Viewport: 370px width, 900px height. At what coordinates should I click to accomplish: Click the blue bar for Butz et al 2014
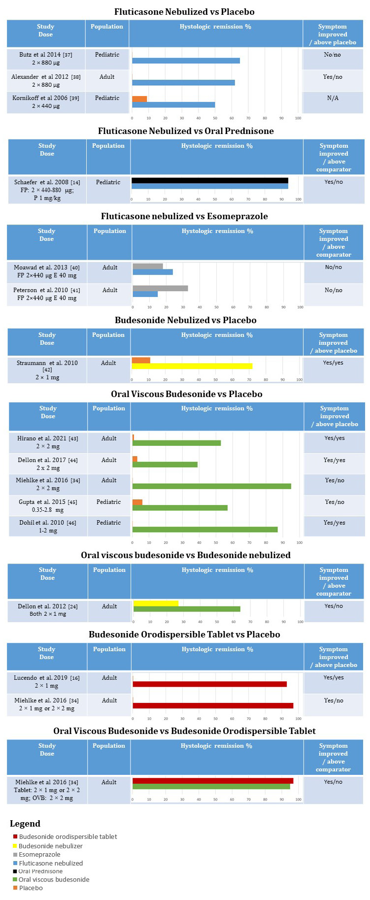tap(186, 61)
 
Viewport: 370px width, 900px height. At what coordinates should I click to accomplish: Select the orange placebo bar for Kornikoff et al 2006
tap(139, 99)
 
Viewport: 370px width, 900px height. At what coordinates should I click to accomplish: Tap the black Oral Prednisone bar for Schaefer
tap(209, 180)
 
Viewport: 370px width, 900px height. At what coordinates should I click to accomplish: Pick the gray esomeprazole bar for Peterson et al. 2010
tap(160, 288)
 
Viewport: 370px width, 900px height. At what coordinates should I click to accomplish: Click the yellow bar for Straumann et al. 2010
tap(192, 366)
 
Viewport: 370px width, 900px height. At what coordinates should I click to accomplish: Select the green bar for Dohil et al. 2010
tap(205, 530)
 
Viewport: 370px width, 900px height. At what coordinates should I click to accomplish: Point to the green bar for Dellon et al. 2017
tap(165, 465)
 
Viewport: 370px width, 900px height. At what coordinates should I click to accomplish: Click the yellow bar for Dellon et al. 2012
tap(156, 603)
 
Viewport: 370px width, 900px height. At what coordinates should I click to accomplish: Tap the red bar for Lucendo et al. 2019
tap(209, 684)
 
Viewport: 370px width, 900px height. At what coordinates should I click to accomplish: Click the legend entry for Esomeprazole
tap(39, 855)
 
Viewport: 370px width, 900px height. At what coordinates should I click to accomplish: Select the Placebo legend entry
tap(31, 888)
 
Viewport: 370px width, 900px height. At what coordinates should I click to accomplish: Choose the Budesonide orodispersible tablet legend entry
tap(67, 836)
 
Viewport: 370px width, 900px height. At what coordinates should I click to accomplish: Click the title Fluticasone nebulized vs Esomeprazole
tap(184, 216)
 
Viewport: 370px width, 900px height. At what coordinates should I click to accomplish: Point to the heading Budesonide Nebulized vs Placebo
tap(185, 320)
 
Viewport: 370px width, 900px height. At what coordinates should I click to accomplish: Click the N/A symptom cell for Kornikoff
tap(333, 98)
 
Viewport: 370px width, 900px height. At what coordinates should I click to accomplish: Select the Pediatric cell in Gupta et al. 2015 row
tap(108, 502)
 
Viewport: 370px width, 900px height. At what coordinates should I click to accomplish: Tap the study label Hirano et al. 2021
tap(47, 438)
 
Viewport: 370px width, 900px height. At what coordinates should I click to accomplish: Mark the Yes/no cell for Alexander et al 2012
tap(333, 77)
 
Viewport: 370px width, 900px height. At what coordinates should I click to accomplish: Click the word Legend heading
tap(25, 824)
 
